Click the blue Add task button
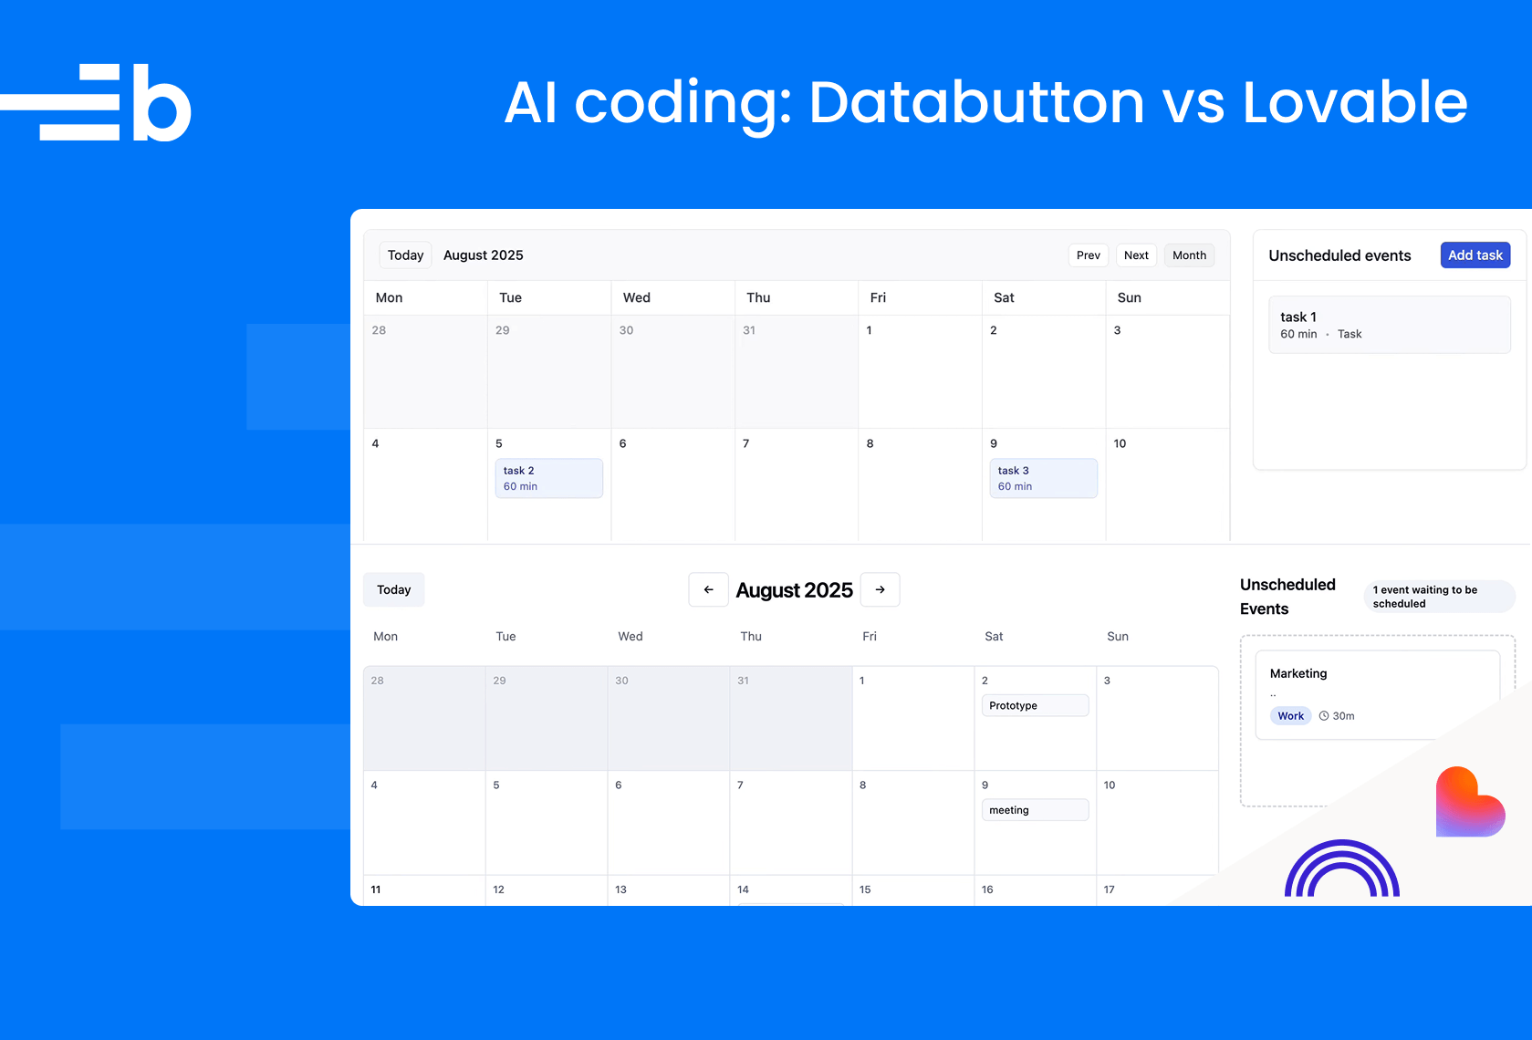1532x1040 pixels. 1475,255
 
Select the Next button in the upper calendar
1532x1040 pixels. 1136,255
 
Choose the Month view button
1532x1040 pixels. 1189,255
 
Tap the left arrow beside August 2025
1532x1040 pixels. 709,589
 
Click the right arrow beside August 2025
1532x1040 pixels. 881,589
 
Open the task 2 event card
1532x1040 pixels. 549,478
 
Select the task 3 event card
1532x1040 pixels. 1044,478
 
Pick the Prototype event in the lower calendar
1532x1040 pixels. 1036,705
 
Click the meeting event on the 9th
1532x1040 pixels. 1036,810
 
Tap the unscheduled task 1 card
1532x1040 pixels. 1390,325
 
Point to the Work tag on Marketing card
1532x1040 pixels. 1290,716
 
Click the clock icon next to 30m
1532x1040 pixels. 1324,716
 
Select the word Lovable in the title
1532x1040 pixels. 1355,102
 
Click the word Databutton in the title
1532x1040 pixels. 976,102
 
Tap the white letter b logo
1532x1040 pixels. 162,102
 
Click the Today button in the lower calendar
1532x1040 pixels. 394,589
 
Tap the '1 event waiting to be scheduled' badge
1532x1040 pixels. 1440,597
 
